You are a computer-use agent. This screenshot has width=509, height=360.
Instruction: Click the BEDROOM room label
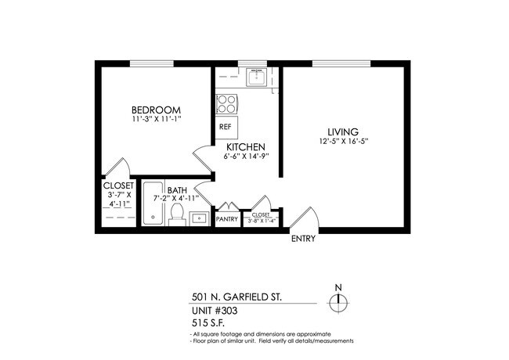point(157,110)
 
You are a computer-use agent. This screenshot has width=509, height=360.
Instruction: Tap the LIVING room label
point(344,131)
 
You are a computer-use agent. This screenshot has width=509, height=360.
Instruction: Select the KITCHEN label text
point(246,146)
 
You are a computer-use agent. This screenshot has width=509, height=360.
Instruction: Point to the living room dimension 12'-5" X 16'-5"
point(344,142)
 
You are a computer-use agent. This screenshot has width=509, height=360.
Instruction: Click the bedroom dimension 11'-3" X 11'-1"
point(157,121)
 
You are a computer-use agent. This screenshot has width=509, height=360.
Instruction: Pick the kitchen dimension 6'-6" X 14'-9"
point(246,157)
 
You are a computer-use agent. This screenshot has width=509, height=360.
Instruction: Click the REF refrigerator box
point(226,126)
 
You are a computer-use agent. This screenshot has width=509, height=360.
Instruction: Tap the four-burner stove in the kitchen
point(226,103)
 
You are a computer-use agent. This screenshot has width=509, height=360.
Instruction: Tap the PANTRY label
point(227,220)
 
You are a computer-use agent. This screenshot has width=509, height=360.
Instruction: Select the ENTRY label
point(303,239)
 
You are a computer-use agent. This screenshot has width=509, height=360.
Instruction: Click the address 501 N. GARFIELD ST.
point(237,297)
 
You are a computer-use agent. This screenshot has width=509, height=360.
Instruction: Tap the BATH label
point(176,189)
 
